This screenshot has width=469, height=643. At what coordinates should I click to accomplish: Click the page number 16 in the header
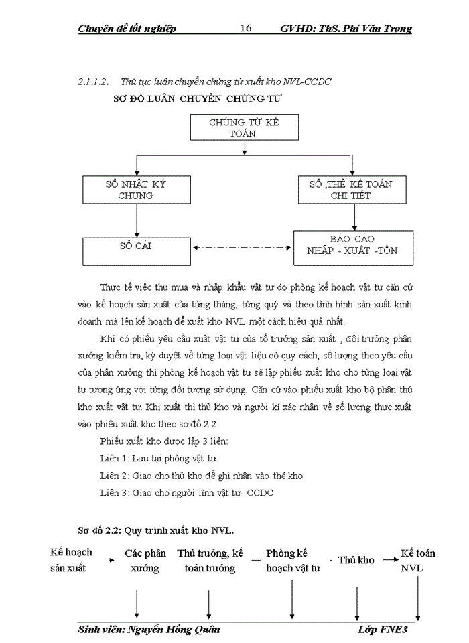tap(245, 29)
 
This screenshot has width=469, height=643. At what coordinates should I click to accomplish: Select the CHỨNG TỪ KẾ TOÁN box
tap(232, 128)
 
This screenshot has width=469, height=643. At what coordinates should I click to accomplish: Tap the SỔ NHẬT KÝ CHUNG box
tap(135, 190)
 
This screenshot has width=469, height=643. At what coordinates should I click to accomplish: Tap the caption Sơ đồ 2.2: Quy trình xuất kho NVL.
tap(155, 530)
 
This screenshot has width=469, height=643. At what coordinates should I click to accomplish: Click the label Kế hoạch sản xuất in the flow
tap(71, 560)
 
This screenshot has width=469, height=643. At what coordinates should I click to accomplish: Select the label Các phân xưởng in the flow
tap(145, 561)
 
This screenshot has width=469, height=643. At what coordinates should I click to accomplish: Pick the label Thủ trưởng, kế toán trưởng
tap(210, 561)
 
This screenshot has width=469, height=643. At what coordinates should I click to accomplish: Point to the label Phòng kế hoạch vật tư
tap(293, 561)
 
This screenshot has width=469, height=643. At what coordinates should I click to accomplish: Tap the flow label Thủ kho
tap(356, 560)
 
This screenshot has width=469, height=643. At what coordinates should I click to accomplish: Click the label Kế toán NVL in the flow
tap(418, 560)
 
